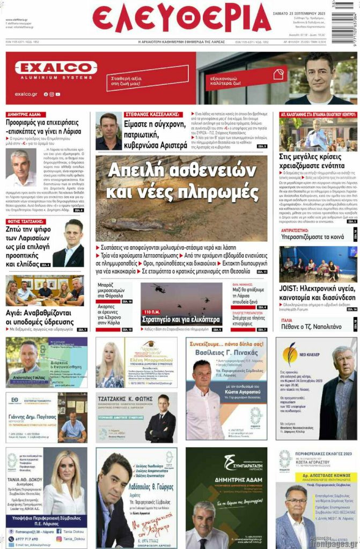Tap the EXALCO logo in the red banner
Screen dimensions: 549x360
[x=56, y=68]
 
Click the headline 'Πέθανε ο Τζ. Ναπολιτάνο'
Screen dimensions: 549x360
[x=312, y=327]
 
